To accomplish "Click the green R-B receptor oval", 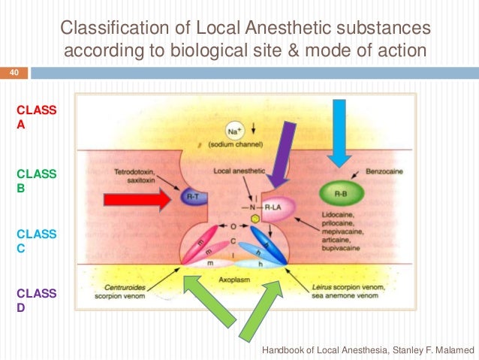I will tap(339, 192).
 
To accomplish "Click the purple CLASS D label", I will tap(36, 301).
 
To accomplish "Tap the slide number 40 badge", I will tap(14, 73).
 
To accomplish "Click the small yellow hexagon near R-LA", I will tap(256, 218).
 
